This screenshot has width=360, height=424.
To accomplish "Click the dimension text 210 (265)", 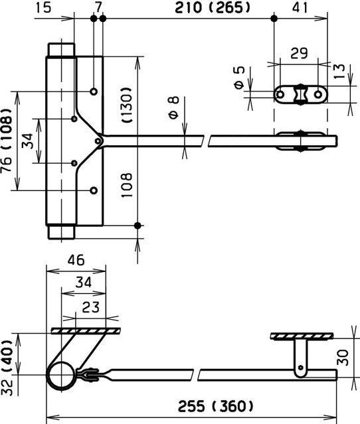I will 192,8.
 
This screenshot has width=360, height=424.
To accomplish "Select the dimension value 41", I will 301,8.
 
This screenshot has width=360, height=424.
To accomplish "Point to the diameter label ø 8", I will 173,107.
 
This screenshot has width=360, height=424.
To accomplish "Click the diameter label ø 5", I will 239,77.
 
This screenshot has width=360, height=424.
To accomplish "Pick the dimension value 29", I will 299,52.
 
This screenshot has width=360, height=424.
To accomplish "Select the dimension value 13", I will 340,70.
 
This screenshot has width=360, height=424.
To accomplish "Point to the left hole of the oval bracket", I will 281,95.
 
